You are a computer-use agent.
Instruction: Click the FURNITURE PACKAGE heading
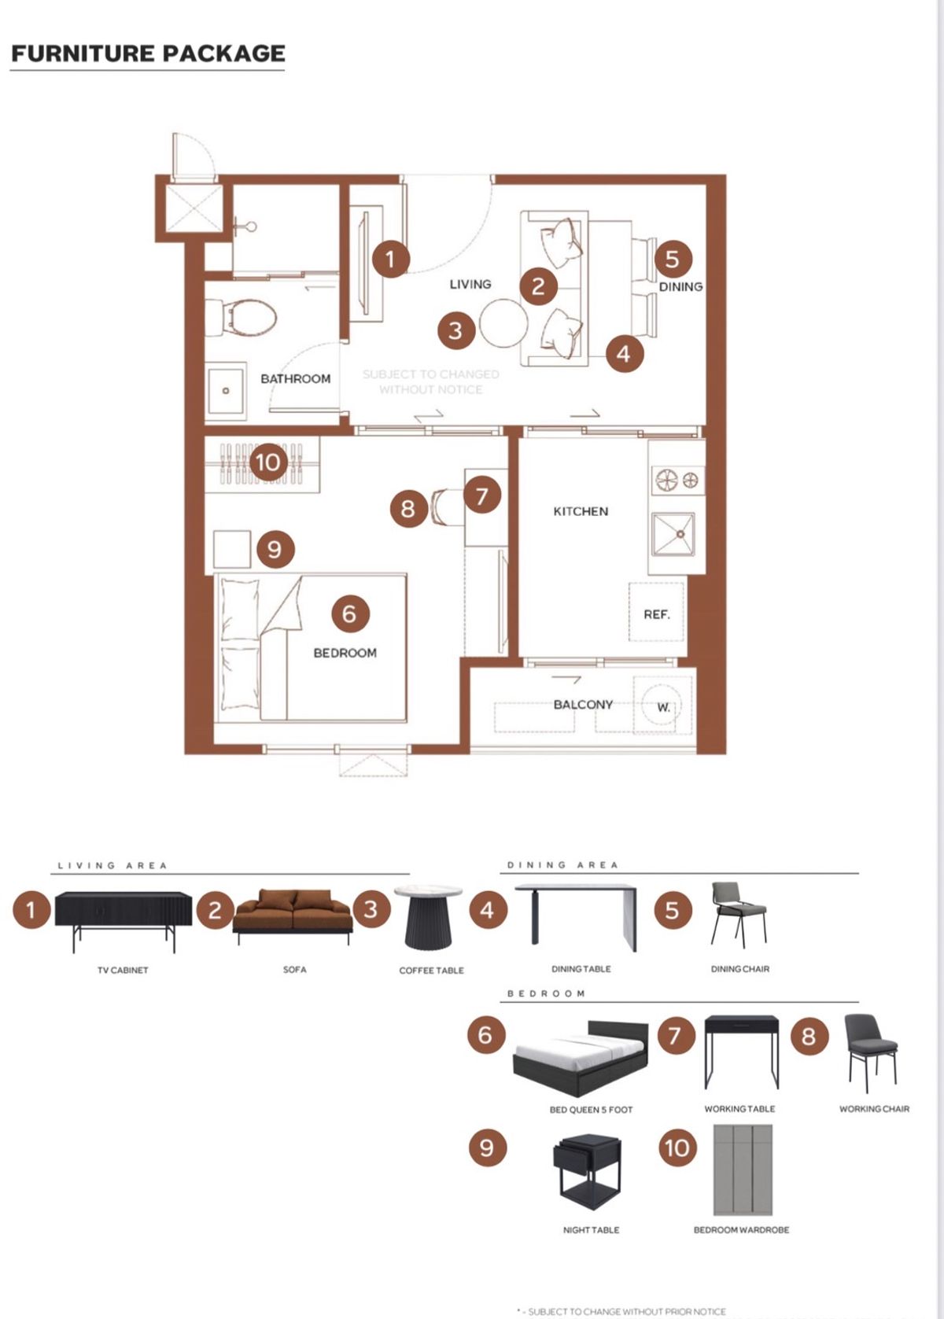tap(148, 53)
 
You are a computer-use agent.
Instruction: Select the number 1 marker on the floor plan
tap(390, 259)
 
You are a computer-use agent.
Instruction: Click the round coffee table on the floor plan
tap(503, 323)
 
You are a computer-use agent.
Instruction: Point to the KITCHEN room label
tap(581, 511)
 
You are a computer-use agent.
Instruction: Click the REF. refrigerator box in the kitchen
tap(657, 612)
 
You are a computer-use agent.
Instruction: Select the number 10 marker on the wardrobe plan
tap(268, 462)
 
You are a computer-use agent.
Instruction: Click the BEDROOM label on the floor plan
tap(345, 653)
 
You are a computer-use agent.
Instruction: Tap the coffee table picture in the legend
tap(428, 917)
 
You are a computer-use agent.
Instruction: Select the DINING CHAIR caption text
tap(740, 969)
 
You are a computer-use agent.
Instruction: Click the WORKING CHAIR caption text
tap(875, 1109)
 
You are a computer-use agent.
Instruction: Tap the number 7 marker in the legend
tap(676, 1034)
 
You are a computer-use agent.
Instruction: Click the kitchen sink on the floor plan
tap(673, 534)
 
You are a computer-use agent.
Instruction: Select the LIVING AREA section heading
tap(112, 866)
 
